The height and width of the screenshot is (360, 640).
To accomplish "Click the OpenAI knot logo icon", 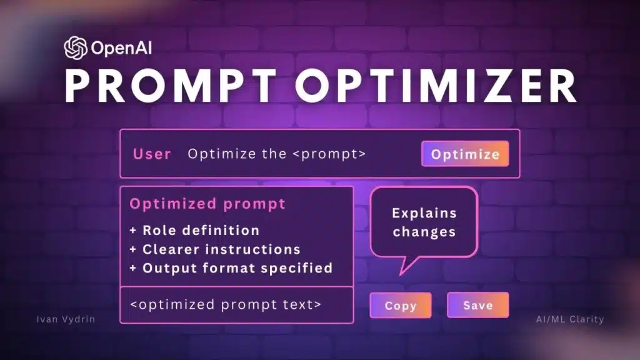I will pos(75,47).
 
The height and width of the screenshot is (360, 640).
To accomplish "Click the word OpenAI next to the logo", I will pos(119,47).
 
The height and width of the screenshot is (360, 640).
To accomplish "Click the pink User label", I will pos(152,154).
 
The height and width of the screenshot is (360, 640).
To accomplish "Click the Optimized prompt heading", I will pos(207,204).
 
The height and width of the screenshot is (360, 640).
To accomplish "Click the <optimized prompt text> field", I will pos(226,304).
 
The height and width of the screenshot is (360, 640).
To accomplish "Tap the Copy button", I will pos(400,306).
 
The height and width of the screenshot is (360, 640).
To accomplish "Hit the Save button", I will pos(477,306).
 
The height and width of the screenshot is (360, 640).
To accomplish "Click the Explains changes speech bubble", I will pos(424,222).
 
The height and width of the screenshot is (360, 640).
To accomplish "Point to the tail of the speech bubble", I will pos(403,267).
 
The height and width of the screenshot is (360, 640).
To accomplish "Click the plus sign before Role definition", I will pos(133,231).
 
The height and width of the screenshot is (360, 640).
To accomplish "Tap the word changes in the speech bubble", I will pos(424,232).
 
